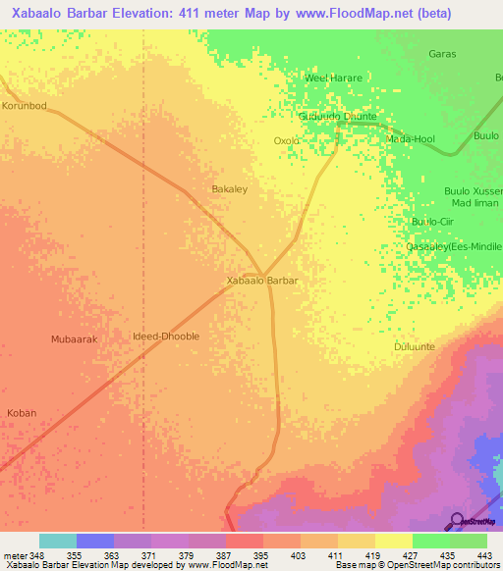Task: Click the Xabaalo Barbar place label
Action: pos(262,281)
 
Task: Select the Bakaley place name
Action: pos(230,188)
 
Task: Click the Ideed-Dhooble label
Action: pos(166,337)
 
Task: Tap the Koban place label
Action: pos(22,413)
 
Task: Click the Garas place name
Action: pos(442,54)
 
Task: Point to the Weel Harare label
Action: pos(333,78)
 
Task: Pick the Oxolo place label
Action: pos(286,141)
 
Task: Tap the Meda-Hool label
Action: pos(411,139)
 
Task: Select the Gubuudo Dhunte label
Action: pos(337,116)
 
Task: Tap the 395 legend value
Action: pos(261,554)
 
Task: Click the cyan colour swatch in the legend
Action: pos(58,541)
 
